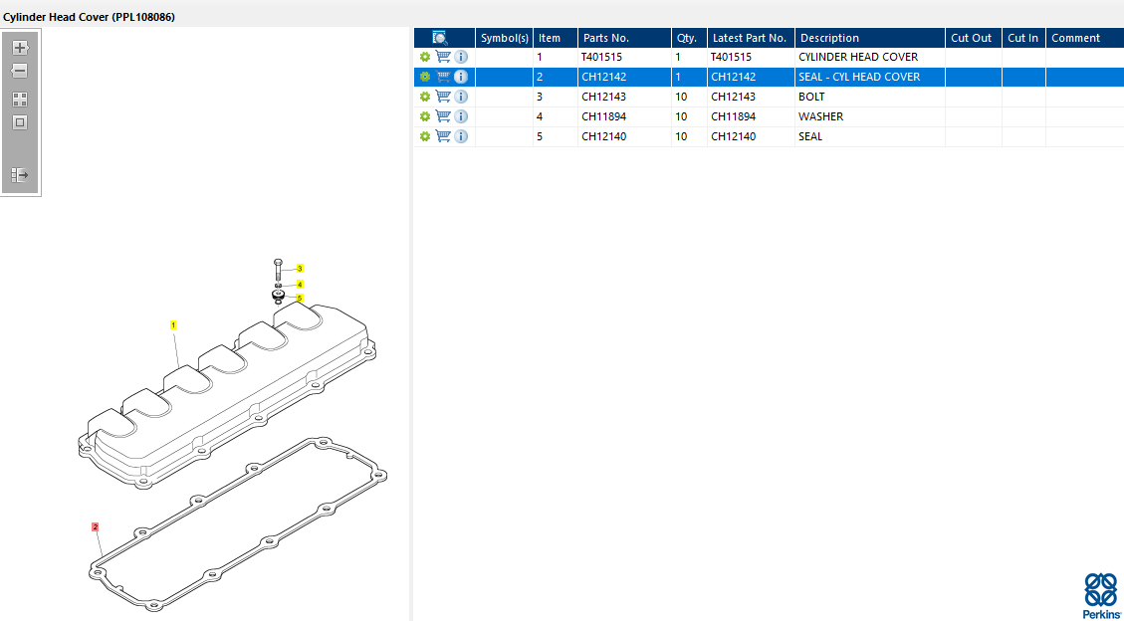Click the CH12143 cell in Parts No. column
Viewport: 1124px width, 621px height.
tap(603, 97)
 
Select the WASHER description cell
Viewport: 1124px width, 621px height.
tap(820, 116)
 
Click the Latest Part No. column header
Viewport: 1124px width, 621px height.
tap(749, 38)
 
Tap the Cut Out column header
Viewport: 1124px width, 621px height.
tap(972, 38)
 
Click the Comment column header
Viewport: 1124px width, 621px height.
tap(1075, 38)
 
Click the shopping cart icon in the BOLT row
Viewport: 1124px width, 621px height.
tap(443, 97)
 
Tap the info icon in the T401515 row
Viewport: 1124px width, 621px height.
tap(461, 57)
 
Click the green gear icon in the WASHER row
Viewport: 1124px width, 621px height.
tap(424, 116)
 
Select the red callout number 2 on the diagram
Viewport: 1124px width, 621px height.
tap(95, 527)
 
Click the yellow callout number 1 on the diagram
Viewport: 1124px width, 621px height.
tap(173, 325)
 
